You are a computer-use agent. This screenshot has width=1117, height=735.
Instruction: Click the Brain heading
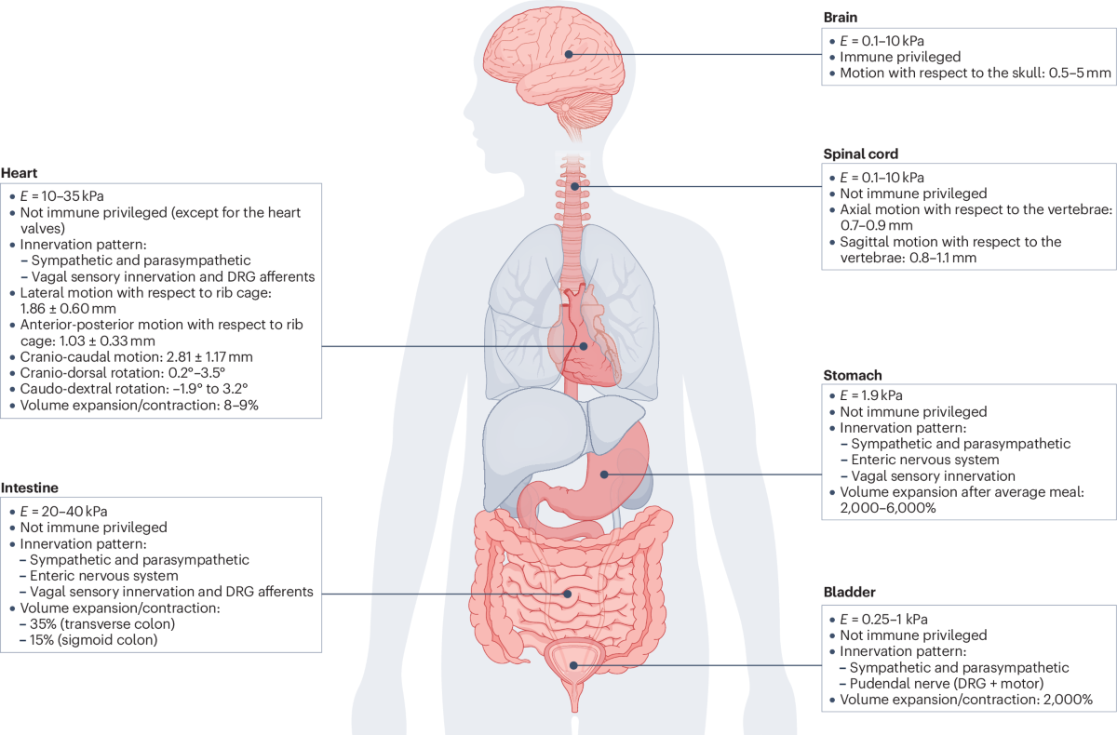point(841,18)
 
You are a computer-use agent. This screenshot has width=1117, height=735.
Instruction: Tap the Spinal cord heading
point(861,154)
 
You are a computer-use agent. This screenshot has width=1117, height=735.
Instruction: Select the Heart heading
point(19,173)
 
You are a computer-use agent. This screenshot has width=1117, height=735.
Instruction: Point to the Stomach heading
point(853,375)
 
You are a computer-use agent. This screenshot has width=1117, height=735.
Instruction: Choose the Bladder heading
point(849,592)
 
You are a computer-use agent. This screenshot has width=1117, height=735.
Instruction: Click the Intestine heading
point(30,488)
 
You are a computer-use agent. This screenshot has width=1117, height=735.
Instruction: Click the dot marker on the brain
point(569,54)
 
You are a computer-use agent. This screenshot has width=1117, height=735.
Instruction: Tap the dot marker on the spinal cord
point(574,186)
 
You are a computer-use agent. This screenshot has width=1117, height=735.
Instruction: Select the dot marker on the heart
point(584,346)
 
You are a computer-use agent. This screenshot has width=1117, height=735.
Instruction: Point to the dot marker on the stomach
point(604,474)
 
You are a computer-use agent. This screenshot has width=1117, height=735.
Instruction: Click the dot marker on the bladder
point(573,665)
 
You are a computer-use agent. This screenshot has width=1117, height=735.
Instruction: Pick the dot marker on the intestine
point(568,594)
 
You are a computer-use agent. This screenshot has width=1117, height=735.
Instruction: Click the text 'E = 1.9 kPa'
point(871,395)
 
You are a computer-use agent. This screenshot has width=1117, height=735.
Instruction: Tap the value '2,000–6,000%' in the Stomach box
point(888,508)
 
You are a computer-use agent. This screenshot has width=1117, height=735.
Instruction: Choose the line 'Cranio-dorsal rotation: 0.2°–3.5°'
point(123,373)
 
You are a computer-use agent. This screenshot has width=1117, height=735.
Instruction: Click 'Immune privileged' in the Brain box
point(900,57)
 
